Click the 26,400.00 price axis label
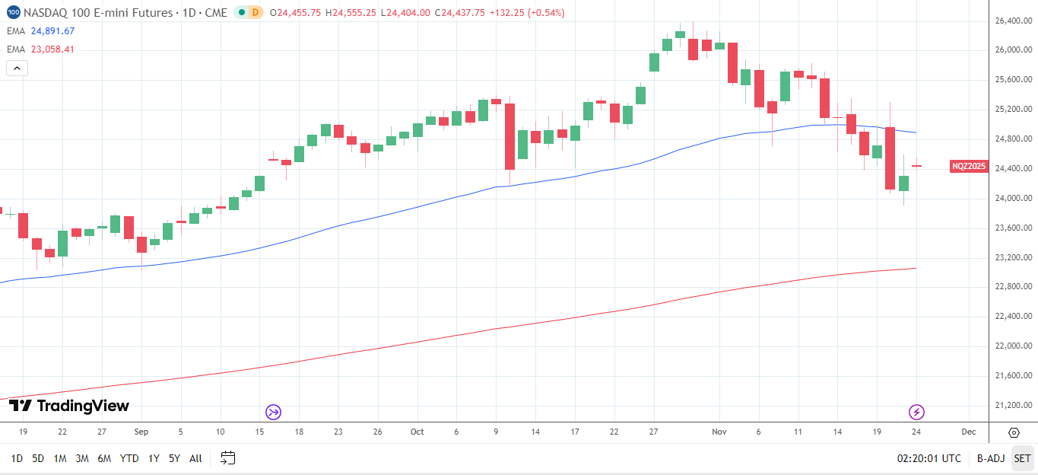[x=1013, y=21]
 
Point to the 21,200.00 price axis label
[x=1013, y=405]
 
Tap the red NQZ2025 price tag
[x=969, y=166]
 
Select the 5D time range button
[x=38, y=458]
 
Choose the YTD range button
[x=129, y=458]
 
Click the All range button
[x=195, y=458]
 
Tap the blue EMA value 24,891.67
[x=52, y=31]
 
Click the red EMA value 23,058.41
[x=52, y=49]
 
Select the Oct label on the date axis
[x=417, y=432]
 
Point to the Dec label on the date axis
[x=968, y=432]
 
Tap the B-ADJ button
[x=991, y=458]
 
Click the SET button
[x=1022, y=458]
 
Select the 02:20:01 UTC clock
[x=928, y=458]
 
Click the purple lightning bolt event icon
[x=917, y=412]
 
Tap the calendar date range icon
[x=227, y=457]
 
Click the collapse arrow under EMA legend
[x=17, y=68]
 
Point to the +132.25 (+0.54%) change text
[x=526, y=13]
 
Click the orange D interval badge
[x=256, y=12]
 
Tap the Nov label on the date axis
[x=719, y=432]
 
